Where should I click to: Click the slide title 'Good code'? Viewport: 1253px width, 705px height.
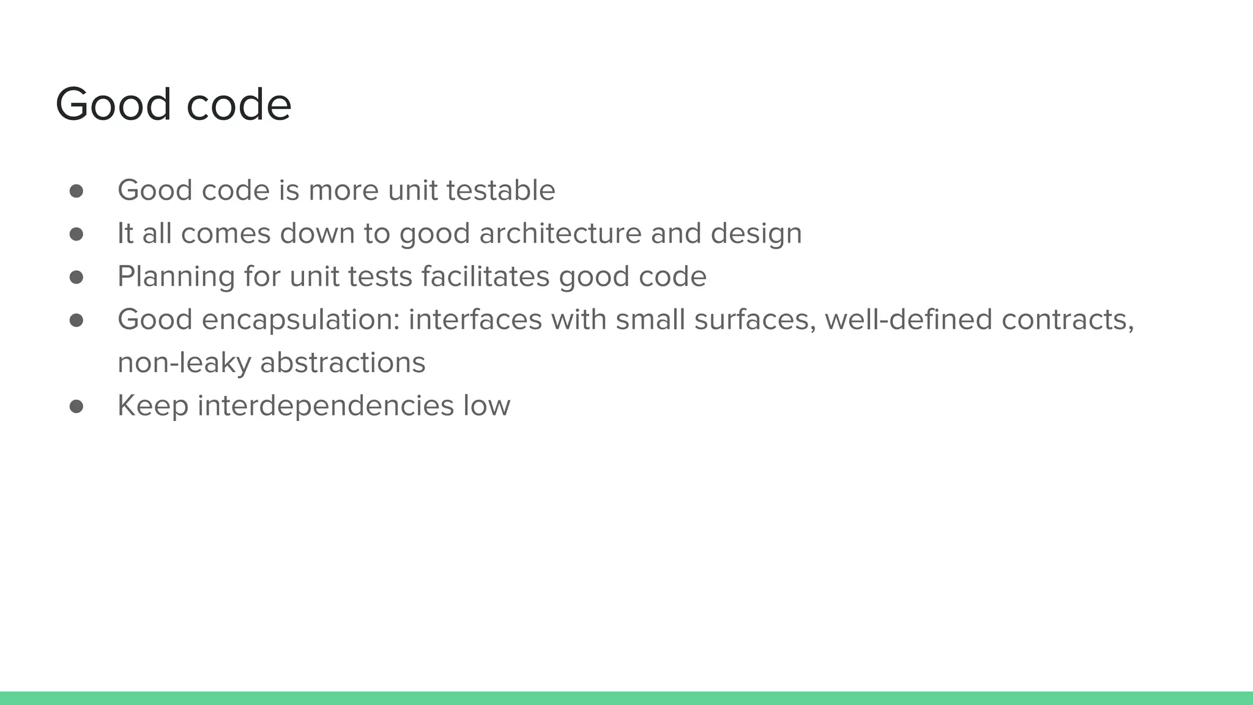point(173,105)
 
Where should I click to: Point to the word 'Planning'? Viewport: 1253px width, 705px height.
point(176,277)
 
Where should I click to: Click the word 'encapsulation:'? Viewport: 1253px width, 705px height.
point(300,320)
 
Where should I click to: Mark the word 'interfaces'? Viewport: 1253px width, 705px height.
point(475,320)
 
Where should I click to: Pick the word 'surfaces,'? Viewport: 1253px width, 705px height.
point(755,320)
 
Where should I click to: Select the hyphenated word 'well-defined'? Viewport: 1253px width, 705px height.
point(908,320)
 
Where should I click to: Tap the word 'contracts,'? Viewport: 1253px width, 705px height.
point(1068,320)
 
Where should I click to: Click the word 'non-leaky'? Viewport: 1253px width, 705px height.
point(184,363)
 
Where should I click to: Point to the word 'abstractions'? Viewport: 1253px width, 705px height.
point(343,363)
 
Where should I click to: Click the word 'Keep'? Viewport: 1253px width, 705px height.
point(152,406)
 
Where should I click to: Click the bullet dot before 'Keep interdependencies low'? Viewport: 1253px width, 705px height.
point(76,407)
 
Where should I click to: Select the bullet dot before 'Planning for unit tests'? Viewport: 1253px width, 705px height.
point(76,278)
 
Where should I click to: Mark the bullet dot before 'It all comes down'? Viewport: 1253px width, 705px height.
point(76,234)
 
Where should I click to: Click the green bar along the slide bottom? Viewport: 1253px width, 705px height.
point(626,698)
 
